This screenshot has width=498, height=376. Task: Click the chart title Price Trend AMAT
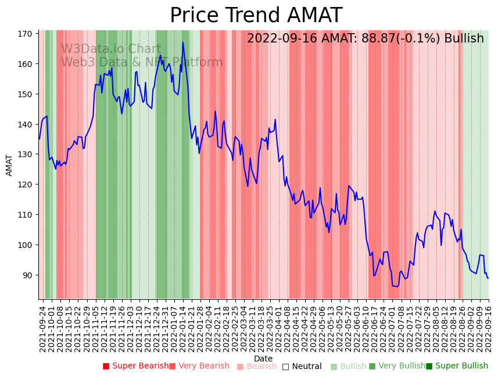click(x=256, y=16)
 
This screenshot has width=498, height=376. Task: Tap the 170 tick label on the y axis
click(x=24, y=34)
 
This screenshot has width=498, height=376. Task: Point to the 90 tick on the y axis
click(x=27, y=275)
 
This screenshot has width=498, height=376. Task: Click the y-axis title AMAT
click(x=9, y=165)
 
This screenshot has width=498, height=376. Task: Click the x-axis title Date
click(x=263, y=359)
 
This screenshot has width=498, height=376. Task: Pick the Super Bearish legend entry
click(x=135, y=366)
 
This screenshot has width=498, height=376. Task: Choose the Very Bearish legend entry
click(x=199, y=366)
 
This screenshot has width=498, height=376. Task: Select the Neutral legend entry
click(x=302, y=366)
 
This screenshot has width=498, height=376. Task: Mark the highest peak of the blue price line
click(x=182, y=42)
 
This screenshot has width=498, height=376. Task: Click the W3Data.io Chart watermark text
click(x=111, y=49)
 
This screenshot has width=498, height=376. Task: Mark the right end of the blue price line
click(x=488, y=278)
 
